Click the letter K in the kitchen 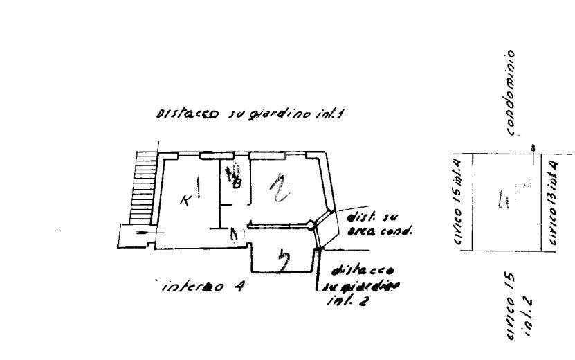pyautogui.click(x=185, y=201)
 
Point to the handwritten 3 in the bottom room pyautogui.click(x=282, y=262)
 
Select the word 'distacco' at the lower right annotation pyautogui.click(x=363, y=269)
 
